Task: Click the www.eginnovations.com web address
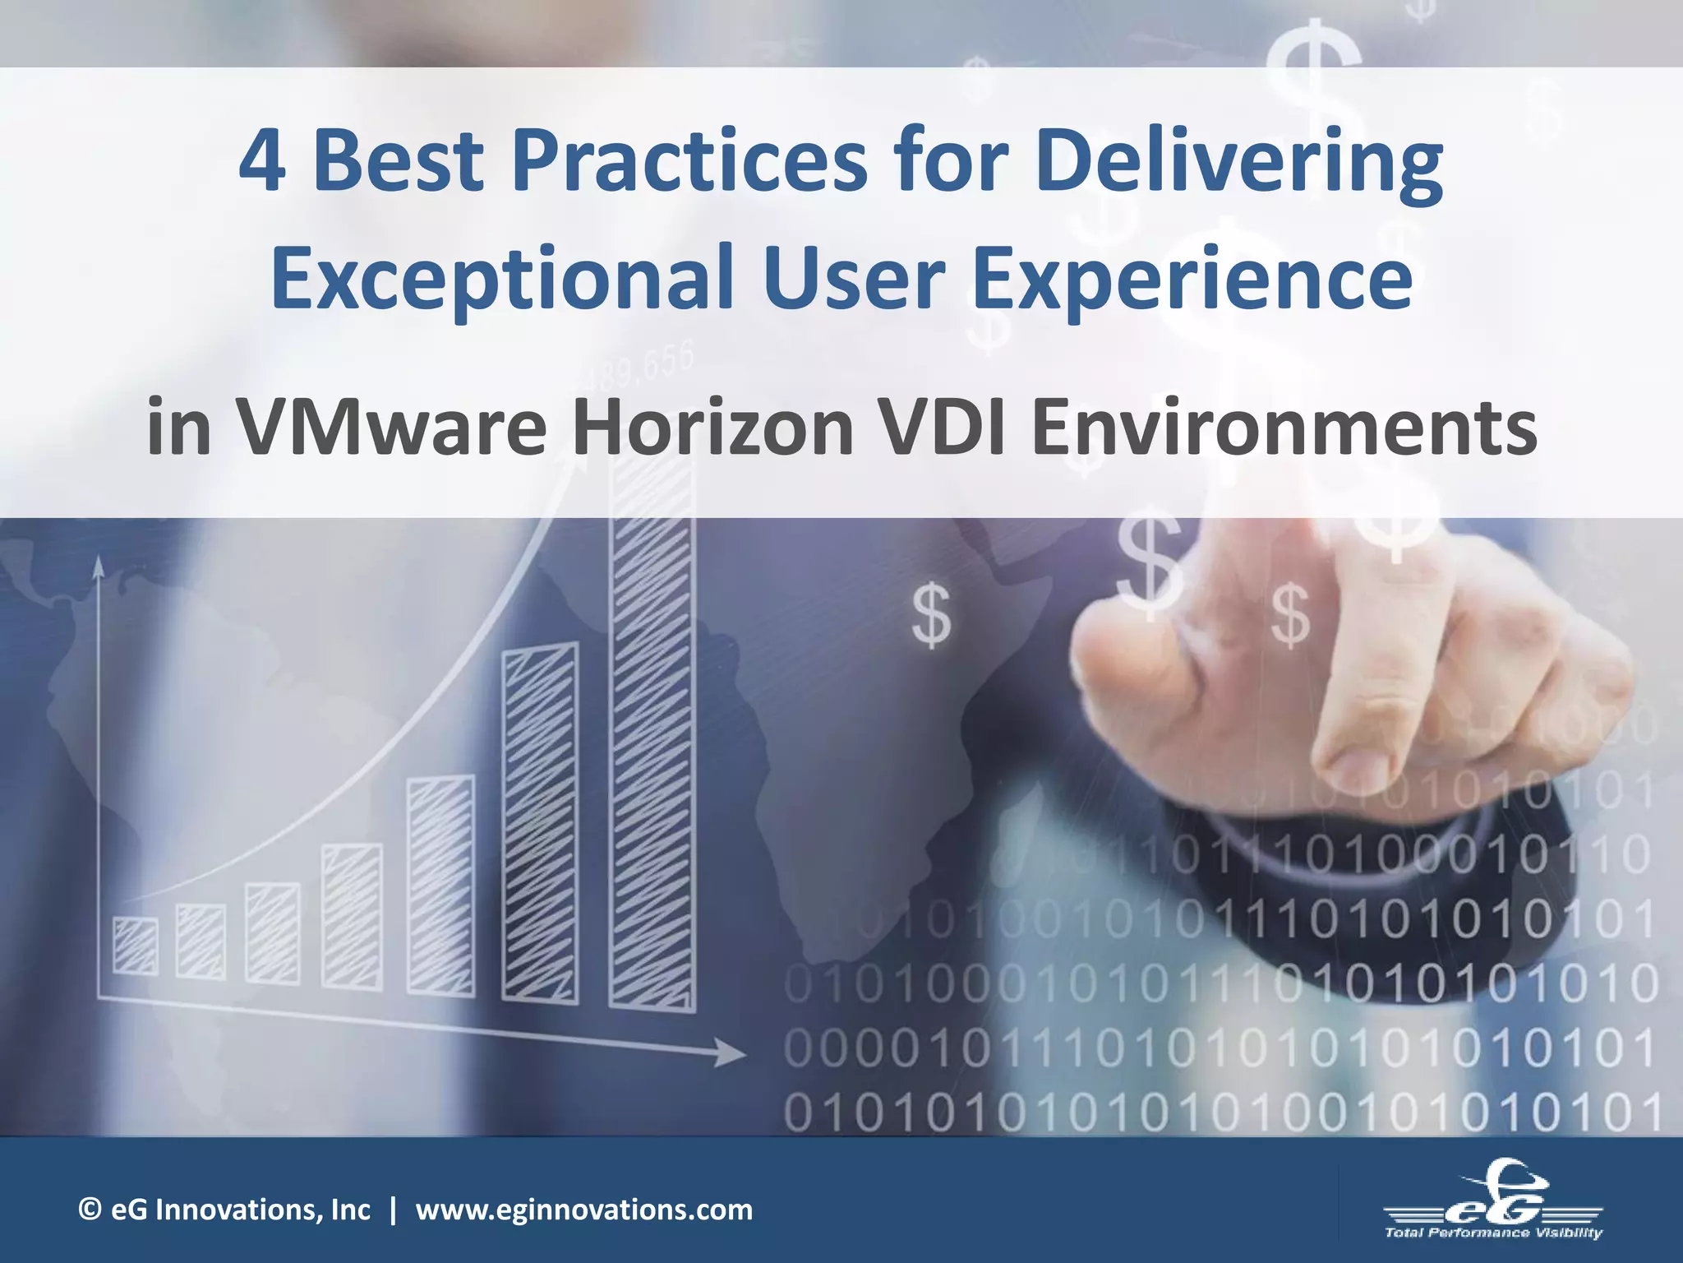pos(583,1210)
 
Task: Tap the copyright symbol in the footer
pos(89,1210)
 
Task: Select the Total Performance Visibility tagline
pos(1492,1232)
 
